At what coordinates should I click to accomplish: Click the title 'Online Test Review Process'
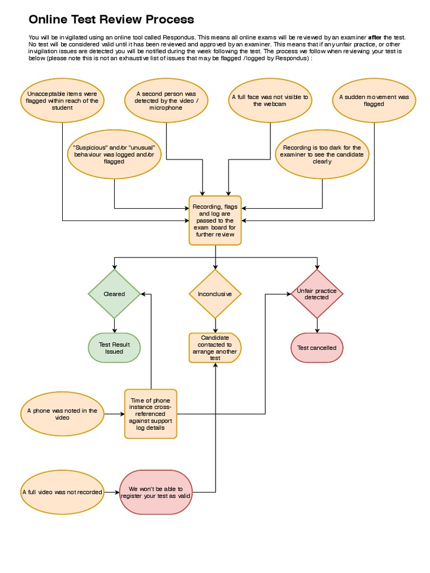point(111,20)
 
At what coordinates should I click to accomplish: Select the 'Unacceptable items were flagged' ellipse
point(62,101)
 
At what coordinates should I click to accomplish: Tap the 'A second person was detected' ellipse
point(166,101)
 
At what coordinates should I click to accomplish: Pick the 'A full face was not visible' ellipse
point(270,101)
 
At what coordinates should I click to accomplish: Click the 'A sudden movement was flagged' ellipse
point(374,101)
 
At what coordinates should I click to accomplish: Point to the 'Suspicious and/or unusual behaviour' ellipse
point(114,154)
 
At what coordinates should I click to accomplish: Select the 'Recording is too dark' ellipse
point(322,154)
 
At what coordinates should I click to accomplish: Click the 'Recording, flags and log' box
point(216,220)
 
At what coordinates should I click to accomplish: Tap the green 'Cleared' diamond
point(114,294)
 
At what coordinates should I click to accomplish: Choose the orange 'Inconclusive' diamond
point(215,294)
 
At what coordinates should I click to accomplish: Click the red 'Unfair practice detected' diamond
point(317,294)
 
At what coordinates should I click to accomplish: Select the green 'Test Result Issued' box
point(114,348)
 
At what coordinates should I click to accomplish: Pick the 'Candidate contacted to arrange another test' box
point(215,348)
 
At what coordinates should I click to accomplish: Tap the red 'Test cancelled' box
point(317,348)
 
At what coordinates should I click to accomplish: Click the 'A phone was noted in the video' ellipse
point(62,414)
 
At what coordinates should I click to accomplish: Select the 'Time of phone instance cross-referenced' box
point(151,414)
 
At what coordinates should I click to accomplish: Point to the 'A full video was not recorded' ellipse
point(62,492)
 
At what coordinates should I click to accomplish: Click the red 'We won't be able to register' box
point(156,492)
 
